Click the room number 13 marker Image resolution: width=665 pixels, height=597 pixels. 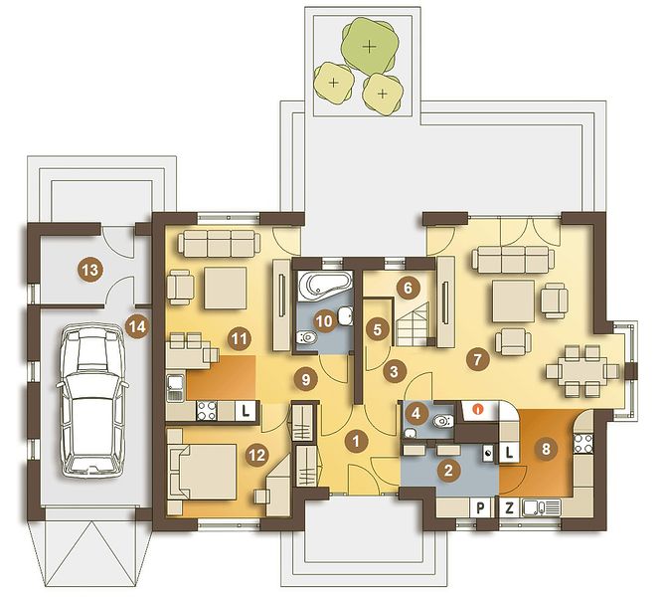[90, 270]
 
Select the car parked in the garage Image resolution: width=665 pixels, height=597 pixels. [92, 399]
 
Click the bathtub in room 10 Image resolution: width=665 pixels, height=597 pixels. [325, 286]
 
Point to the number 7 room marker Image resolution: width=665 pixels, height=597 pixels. [477, 359]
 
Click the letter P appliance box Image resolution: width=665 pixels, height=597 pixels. [480, 507]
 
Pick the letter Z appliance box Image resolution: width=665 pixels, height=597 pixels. [509, 507]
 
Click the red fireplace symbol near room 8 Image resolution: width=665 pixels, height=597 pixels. [478, 410]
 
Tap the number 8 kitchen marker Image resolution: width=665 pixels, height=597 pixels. [546, 449]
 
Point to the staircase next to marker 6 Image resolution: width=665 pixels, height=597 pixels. [413, 323]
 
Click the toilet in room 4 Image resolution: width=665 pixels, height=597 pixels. [443, 421]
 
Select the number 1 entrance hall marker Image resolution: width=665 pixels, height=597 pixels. [356, 442]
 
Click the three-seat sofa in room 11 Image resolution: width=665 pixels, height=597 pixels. [219, 244]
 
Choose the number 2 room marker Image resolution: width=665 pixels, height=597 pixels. [448, 470]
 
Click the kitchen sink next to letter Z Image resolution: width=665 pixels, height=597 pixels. [542, 507]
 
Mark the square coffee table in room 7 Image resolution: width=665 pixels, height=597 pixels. [513, 301]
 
